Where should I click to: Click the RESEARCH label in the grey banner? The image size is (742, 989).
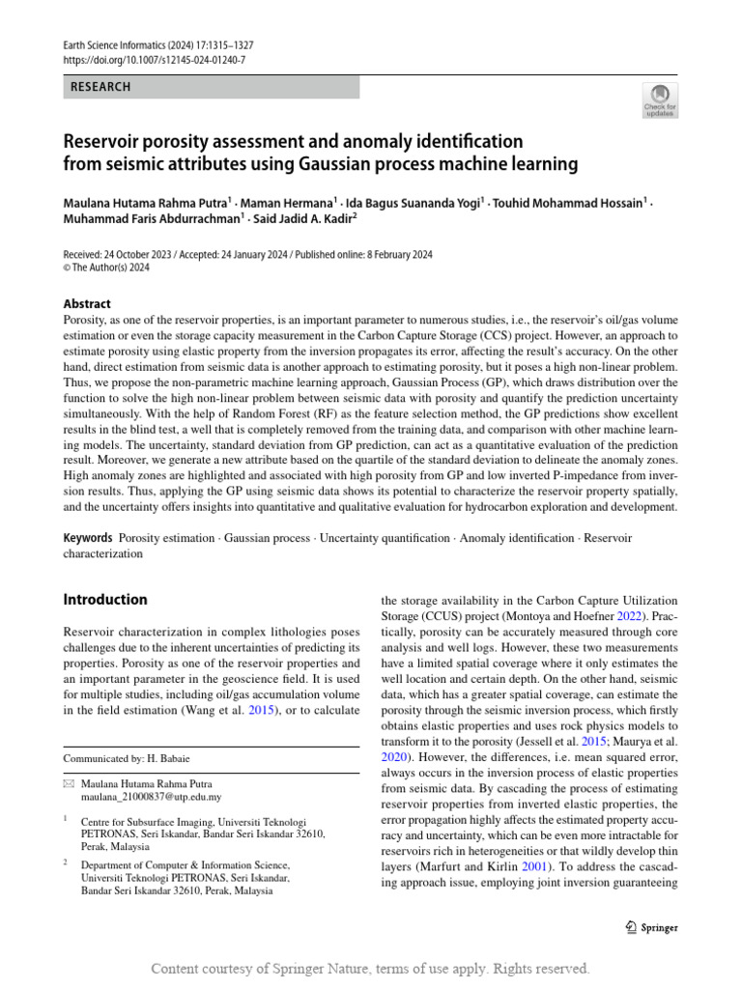tap(100, 87)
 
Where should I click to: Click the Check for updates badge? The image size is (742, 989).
tap(659, 99)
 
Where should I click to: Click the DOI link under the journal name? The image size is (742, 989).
tap(155, 60)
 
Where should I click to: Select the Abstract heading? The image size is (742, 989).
tap(87, 303)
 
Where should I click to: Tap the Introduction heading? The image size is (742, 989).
tap(105, 600)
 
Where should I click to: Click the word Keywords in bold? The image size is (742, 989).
tap(87, 537)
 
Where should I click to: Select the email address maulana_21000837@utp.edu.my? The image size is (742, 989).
tap(152, 798)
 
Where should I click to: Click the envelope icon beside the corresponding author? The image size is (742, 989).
tap(68, 784)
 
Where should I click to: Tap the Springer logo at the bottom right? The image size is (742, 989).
tap(651, 927)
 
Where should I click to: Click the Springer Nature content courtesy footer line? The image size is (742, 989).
tap(371, 969)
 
